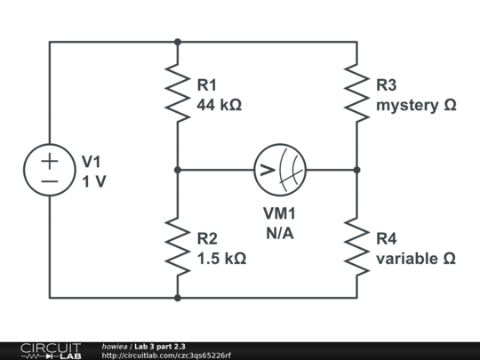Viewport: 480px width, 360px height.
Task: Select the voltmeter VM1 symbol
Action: (280, 169)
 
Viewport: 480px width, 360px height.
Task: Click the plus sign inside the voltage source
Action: (49, 160)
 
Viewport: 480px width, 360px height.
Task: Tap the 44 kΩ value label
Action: (220, 104)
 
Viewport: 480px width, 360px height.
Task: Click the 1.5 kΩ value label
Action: (222, 258)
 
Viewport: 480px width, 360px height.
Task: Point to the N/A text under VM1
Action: (280, 232)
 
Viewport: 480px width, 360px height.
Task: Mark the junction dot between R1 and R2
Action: (178, 169)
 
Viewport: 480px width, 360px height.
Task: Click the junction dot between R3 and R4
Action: (356, 169)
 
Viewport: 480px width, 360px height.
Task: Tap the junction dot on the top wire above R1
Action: (178, 41)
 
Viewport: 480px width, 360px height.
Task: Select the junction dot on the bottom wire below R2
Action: (178, 298)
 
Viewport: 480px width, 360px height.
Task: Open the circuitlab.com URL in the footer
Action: (166, 356)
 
